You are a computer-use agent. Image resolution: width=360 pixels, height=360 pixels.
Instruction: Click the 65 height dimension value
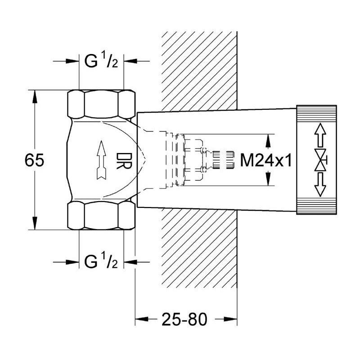pos(35,161)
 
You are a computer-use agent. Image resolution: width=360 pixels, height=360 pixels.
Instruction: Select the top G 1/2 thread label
pos(101,62)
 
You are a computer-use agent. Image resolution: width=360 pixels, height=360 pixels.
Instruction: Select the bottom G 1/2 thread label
pos(101,261)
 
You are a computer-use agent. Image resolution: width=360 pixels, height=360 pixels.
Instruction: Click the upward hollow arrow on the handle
pos(319,135)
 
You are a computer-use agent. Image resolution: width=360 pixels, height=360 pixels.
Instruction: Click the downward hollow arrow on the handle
pos(319,185)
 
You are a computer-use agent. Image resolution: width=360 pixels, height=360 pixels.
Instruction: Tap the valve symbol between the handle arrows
pos(320,160)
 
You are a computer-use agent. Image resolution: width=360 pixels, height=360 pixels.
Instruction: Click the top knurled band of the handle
pos(316,113)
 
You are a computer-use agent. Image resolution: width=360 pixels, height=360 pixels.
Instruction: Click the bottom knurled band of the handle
pos(316,207)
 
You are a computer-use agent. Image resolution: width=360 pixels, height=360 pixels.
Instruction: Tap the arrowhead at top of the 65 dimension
pos(35,95)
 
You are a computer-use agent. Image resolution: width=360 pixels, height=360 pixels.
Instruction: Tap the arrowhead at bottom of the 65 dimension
pos(35,225)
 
